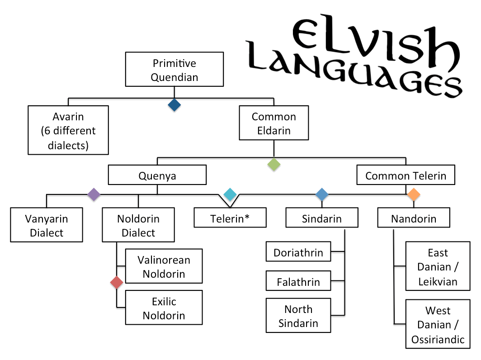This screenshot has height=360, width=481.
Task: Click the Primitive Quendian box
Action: coord(174,69)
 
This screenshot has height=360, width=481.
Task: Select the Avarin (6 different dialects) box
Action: coord(68,130)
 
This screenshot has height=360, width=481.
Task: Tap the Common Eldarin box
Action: coord(274,123)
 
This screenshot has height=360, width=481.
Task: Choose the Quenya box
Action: coord(157,175)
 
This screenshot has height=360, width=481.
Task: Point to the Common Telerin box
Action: coord(406,175)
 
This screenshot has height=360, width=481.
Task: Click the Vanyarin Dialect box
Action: coord(46,225)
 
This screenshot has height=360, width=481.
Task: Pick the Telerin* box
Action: coord(230,218)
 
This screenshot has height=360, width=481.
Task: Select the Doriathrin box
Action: coord(298,251)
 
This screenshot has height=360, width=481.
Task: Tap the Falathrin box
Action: coord(298,280)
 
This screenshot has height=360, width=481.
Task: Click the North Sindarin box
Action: coord(298,315)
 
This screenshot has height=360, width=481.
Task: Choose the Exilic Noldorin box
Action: coord(164,308)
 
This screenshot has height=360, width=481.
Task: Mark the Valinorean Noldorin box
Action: coord(164,266)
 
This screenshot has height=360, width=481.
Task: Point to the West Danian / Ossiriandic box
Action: coord(438,324)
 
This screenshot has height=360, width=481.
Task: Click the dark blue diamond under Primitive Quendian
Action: coord(174,105)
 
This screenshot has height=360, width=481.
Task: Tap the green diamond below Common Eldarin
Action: coord(274,165)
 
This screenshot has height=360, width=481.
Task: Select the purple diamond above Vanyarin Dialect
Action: coord(94,194)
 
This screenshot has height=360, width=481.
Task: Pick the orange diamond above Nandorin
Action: coord(414,194)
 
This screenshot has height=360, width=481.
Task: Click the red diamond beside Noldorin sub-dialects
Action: coord(117,282)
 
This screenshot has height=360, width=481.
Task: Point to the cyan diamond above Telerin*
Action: coord(230,194)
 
